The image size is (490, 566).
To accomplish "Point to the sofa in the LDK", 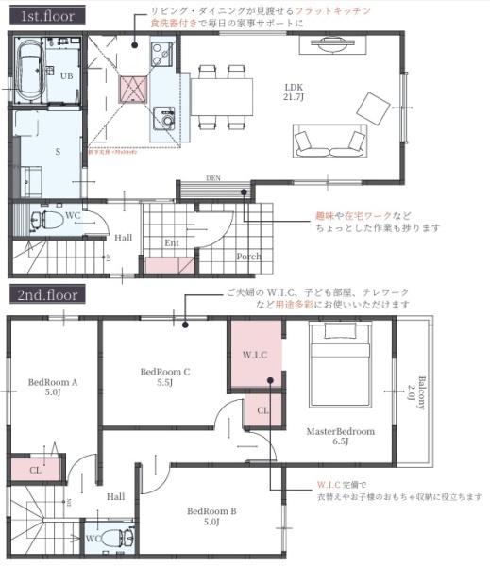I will [x=329, y=143].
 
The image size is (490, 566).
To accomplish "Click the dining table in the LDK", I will [x=225, y=93].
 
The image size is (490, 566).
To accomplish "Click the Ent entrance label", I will [x=172, y=242].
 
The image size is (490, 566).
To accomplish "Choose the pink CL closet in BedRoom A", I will [x=34, y=468].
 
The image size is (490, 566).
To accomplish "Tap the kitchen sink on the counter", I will [x=166, y=120].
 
